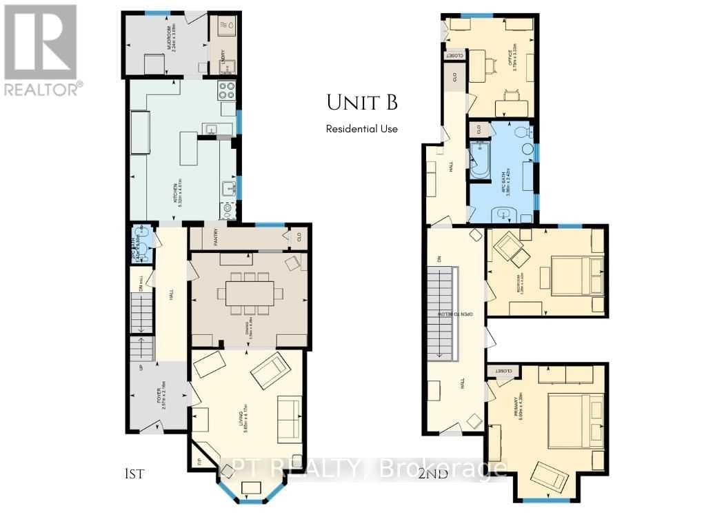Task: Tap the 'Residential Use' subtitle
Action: pos(361,129)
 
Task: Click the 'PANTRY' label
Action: pos(221,242)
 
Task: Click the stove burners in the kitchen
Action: pos(227,90)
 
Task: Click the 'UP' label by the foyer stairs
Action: pos(142,367)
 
